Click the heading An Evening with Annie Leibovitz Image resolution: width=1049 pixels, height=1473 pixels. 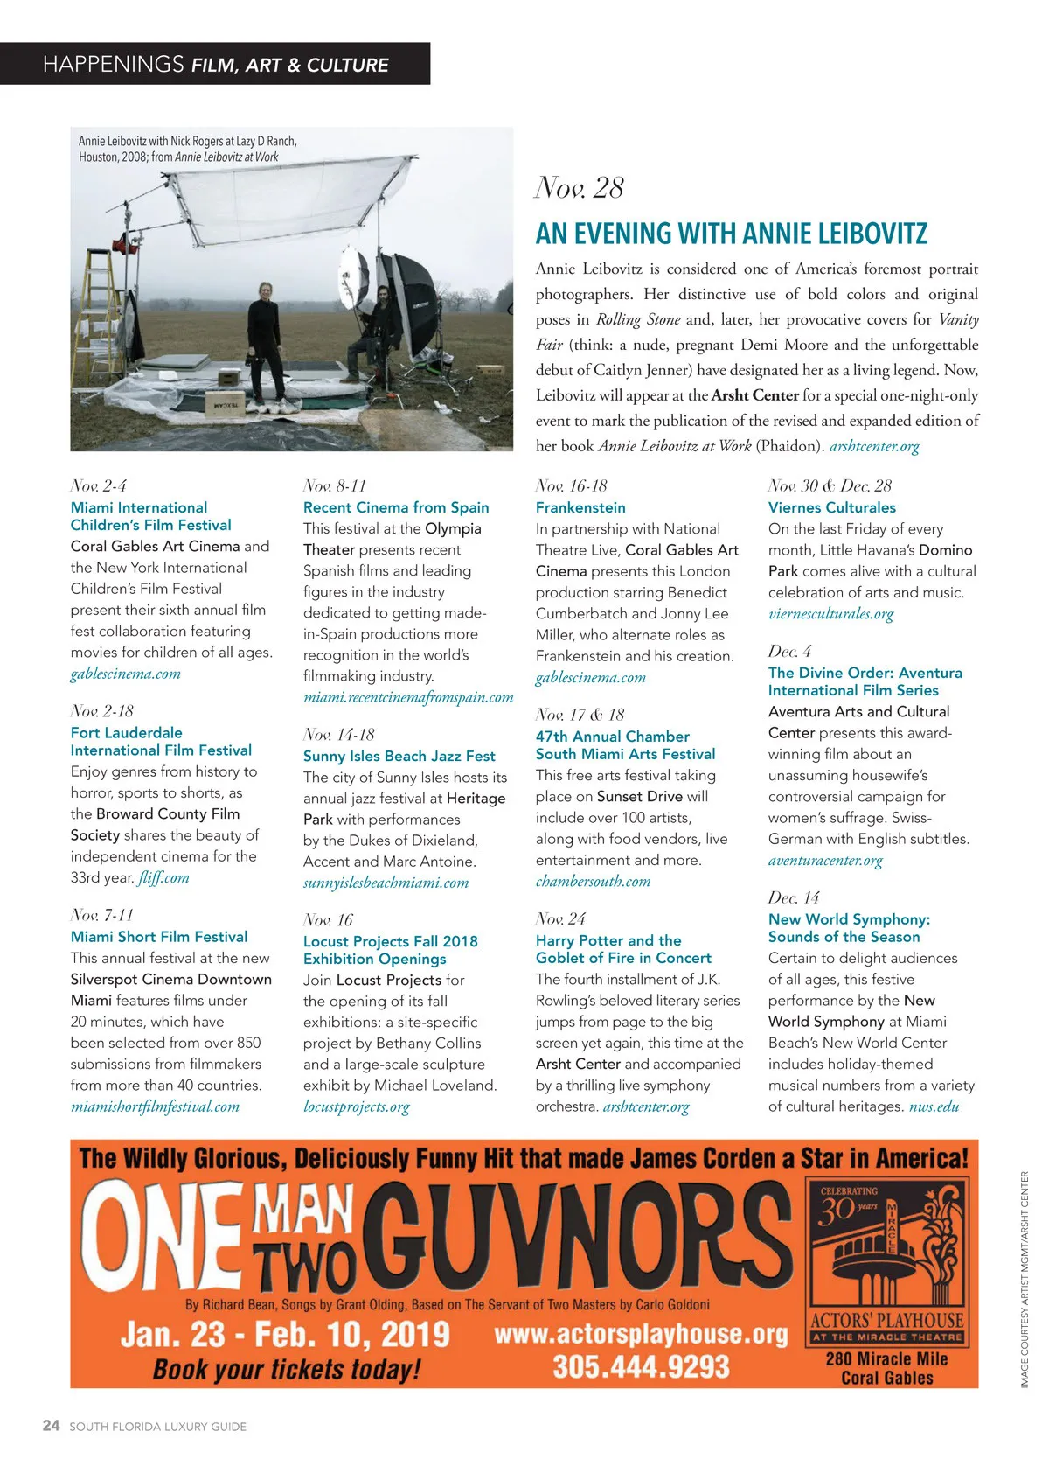(731, 234)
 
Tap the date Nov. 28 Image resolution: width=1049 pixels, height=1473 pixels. (579, 188)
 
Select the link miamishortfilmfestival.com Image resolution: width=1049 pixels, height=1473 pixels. (155, 1106)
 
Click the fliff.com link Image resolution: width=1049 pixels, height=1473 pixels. (163, 877)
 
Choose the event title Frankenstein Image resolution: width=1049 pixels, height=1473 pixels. (580, 507)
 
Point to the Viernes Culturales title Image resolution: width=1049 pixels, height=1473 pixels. (831, 507)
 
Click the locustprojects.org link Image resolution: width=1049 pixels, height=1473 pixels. (356, 1106)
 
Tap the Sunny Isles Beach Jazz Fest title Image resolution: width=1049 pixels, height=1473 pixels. (399, 756)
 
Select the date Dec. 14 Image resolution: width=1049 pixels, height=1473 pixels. (794, 897)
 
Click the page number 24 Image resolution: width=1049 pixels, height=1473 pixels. (52, 1425)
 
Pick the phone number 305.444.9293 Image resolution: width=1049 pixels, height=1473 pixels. (641, 1366)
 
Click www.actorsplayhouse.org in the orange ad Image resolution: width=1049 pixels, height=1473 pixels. (641, 1335)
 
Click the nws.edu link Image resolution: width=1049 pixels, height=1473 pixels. (934, 1106)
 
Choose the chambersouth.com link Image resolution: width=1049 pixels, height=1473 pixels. (593, 882)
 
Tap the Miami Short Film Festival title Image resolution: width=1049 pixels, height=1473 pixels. (159, 937)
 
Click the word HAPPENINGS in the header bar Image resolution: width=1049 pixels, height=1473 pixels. (113, 64)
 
